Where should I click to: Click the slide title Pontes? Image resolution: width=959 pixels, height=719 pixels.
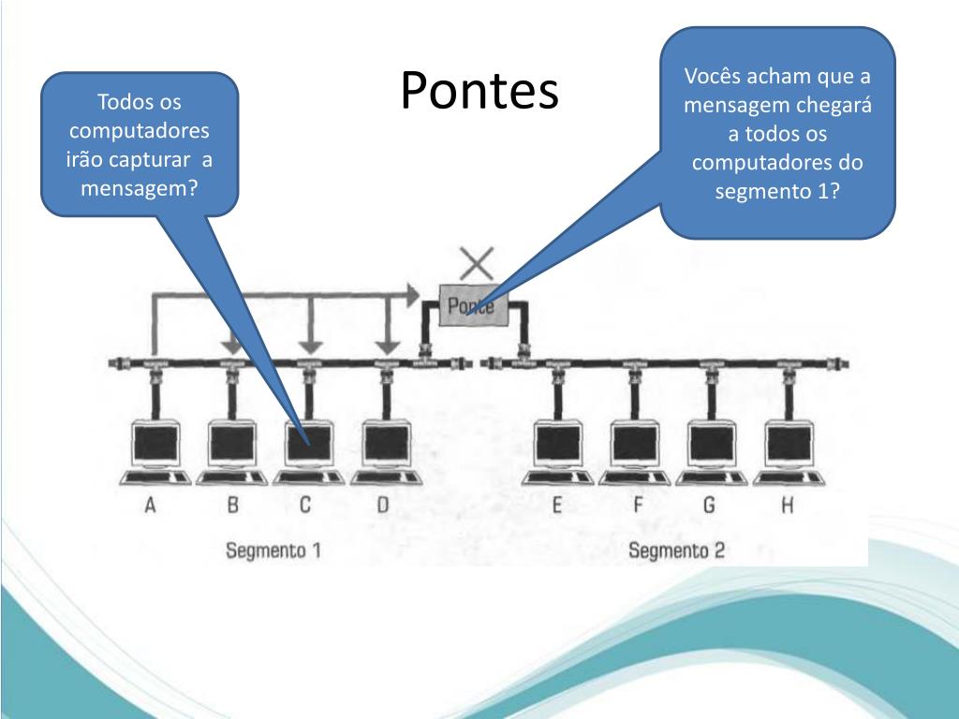click(x=479, y=92)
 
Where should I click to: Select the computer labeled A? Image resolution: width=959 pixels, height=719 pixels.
click(x=155, y=447)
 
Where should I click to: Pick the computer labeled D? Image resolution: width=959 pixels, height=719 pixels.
click(x=385, y=447)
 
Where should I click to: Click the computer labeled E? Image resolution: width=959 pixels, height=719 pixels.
click(x=557, y=447)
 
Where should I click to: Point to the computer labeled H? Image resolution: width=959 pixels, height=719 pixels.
click(x=789, y=447)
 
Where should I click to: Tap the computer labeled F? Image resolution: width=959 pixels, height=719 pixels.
click(x=635, y=447)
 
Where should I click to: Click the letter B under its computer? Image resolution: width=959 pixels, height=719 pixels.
click(x=232, y=506)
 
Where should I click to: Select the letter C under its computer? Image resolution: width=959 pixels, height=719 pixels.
click(x=305, y=506)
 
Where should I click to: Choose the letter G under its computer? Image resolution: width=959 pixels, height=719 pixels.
click(x=710, y=506)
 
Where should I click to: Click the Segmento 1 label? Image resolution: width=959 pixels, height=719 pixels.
click(x=273, y=550)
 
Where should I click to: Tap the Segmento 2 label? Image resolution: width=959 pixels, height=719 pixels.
click(x=676, y=550)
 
